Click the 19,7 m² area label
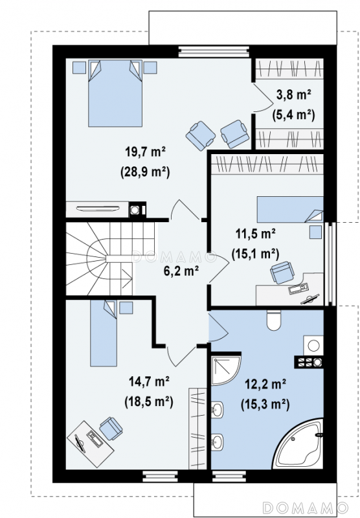pos(145,152)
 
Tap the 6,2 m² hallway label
pos(181,271)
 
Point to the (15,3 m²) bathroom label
pos(265,404)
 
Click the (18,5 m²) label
pos(149,401)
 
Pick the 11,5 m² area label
pos(256,234)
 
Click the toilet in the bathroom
pos(273,320)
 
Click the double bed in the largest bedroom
pos(115,93)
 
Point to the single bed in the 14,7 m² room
pos(104,333)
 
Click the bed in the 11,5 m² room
pos(290,209)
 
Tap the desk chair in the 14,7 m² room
pos(111,429)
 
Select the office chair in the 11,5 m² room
pos(282,273)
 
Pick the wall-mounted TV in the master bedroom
pos(98,208)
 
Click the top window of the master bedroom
pos(214,52)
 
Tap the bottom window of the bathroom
pos(229,477)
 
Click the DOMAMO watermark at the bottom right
pos(306,507)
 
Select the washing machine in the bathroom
pos(313,346)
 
